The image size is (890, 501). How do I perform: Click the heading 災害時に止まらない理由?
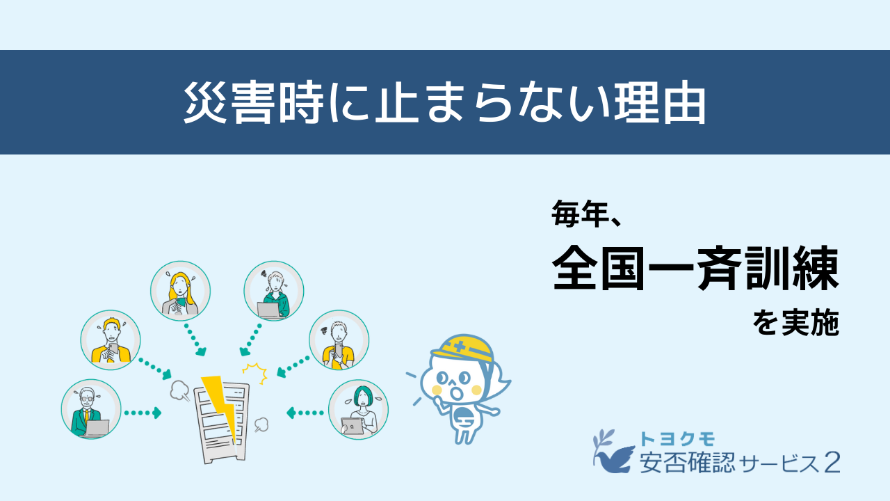pos(444,102)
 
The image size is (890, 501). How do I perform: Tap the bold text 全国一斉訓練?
pos(695,269)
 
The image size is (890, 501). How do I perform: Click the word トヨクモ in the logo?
pos(677,439)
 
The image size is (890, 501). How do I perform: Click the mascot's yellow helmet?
pos(462,349)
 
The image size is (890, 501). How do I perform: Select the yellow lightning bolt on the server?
pos(220,405)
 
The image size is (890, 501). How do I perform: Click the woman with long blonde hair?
pos(180,291)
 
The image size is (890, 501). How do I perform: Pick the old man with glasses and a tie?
pos(91,409)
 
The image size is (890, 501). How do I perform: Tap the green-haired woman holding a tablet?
pos(358,410)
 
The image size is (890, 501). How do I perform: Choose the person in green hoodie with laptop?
pos(274,291)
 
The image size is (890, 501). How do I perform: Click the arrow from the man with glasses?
pos(143,413)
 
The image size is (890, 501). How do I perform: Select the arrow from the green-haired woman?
pos(305,413)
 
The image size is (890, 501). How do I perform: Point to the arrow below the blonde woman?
pos(195,340)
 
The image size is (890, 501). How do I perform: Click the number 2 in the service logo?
pos(832,463)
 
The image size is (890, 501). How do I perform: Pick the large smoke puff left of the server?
pos(179,390)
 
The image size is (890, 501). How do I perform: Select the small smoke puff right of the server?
pos(261,424)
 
